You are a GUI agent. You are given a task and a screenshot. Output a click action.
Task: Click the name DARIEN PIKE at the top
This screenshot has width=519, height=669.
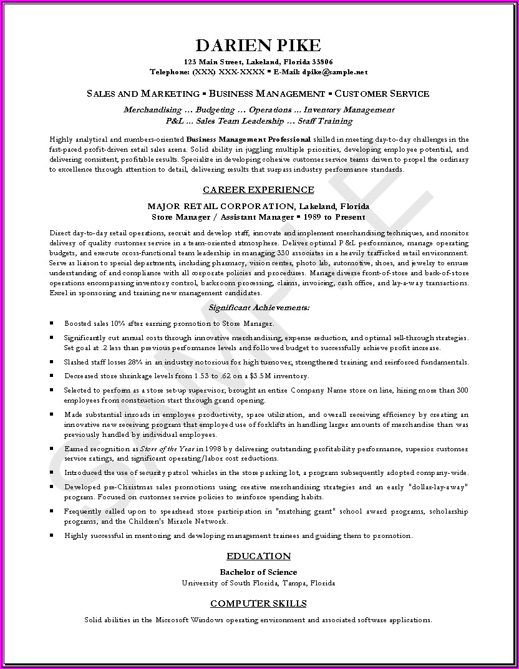click(259, 46)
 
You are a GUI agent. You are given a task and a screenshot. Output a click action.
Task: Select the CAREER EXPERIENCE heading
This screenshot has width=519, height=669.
click(258, 190)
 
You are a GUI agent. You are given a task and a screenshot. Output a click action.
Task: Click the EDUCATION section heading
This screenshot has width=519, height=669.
click(258, 556)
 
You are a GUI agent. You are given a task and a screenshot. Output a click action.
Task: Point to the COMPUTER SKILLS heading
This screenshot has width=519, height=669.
click(258, 603)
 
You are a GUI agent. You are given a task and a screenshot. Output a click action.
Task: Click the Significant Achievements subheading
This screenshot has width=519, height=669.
click(258, 308)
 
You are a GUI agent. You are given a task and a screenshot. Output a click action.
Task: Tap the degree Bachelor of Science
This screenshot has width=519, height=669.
click(258, 572)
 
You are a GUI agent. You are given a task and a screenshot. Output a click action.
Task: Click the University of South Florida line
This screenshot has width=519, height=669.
click(258, 583)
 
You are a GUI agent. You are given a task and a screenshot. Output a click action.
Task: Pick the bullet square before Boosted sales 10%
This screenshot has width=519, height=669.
click(51, 324)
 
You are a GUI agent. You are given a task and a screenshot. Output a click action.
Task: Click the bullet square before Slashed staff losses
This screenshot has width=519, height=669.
click(51, 362)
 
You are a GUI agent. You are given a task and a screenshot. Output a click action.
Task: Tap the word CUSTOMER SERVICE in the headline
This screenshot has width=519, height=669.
click(382, 94)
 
